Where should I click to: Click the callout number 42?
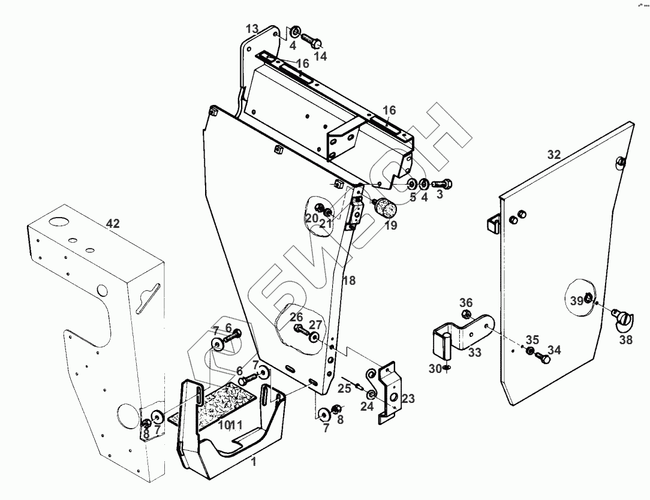[113, 224]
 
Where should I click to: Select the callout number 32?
[553, 155]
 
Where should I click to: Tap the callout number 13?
[252, 28]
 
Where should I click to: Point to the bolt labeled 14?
[311, 41]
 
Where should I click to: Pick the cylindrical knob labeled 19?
[385, 210]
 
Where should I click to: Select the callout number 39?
[576, 301]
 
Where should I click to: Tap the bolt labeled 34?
[543, 358]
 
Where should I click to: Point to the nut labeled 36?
[466, 314]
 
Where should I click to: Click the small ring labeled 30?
[448, 368]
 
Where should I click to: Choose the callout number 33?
[475, 353]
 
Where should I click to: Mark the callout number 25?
[344, 388]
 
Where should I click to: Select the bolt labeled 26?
[299, 329]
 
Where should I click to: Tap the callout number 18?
[349, 281]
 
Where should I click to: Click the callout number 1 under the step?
[253, 462]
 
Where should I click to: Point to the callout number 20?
[312, 219]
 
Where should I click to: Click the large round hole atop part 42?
[59, 222]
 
